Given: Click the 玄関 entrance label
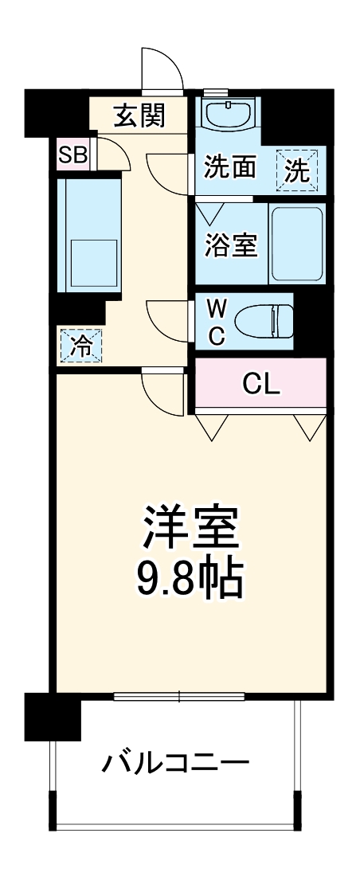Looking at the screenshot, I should (139, 116).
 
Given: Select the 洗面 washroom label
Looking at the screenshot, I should (230, 169).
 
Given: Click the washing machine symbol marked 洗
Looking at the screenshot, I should (296, 170).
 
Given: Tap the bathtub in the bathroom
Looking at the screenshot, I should (296, 244).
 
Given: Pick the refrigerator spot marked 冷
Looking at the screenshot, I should (80, 346).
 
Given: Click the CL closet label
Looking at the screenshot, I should (261, 385).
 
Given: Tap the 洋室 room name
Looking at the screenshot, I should (190, 526).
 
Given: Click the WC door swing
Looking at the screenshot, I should (169, 322).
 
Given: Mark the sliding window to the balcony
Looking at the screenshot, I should (179, 698).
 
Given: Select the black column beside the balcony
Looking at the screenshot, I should (53, 716).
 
